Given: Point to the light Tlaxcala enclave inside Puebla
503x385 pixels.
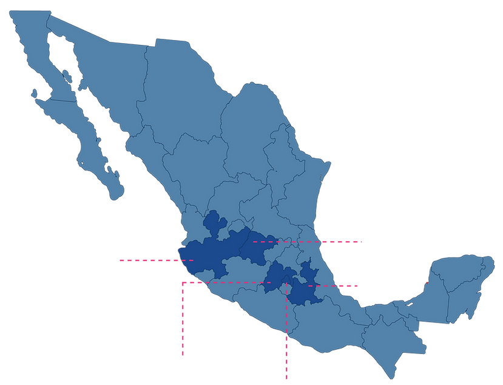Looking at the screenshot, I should [x=300, y=279].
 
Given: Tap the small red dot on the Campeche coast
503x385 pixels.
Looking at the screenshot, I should [x=427, y=282].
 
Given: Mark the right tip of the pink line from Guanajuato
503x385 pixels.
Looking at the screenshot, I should [x=363, y=242].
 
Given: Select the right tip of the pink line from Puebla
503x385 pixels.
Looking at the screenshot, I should [x=357, y=285].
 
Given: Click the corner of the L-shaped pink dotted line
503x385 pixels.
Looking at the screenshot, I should [x=182, y=282].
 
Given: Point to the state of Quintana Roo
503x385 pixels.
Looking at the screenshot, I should [x=470, y=291].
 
